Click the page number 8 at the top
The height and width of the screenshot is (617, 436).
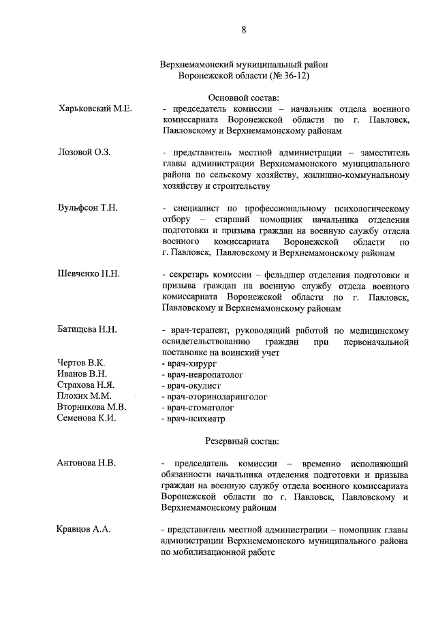(x=243, y=29)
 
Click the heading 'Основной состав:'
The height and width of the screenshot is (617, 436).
(x=243, y=98)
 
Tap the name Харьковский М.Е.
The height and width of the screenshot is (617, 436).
(x=95, y=108)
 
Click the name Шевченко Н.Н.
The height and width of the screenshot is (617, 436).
(x=89, y=274)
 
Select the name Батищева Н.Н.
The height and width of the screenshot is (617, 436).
(x=88, y=329)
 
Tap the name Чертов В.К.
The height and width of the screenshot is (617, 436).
(x=81, y=363)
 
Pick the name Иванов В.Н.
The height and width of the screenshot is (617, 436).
(x=82, y=374)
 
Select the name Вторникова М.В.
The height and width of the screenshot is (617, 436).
(x=92, y=407)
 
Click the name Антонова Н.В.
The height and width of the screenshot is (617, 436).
(x=87, y=463)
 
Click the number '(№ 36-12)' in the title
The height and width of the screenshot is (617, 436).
(x=288, y=76)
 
